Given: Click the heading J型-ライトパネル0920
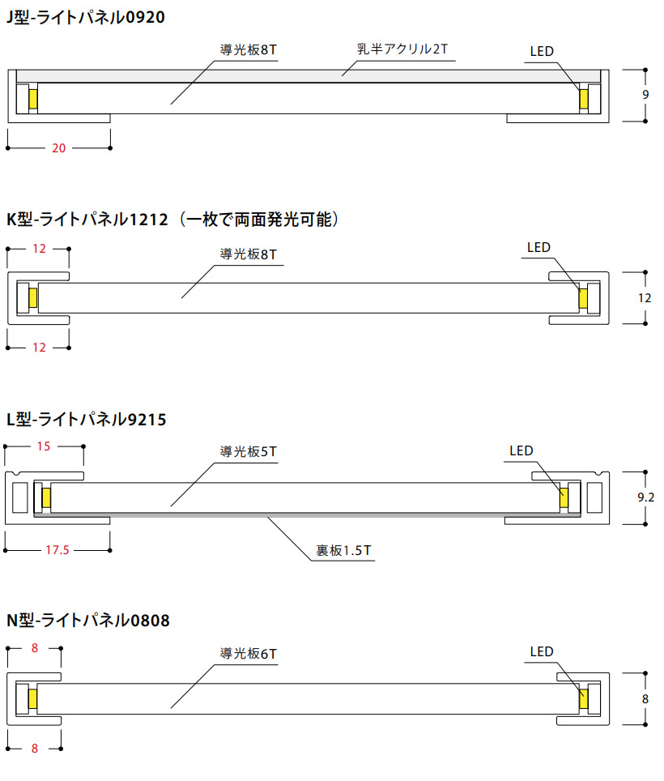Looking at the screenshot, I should pos(85,16).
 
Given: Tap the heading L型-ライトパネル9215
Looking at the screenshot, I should pos(86,420).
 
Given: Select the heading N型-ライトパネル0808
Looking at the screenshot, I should pos(88,621).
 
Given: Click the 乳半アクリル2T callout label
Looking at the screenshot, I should pos(402,49).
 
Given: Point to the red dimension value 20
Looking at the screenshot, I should pos(58,147).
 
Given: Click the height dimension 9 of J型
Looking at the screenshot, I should pos(645,95).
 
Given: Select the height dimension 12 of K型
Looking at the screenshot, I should pos(645,297).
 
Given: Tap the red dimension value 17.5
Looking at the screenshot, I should pos(57,550).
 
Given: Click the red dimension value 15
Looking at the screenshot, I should pos(44,446).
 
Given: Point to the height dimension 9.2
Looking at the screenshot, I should pos(645,497).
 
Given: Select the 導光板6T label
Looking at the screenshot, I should pos(249,653).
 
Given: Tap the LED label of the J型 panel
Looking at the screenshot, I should pos(542,52).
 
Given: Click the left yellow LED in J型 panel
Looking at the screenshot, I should pos(32,98).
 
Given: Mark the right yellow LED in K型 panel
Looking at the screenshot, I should pos(583,297).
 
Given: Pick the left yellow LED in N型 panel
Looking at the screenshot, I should pos(32,698).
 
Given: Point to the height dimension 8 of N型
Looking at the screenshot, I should pos(645,698).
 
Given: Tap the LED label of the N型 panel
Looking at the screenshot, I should pos(542,651).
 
